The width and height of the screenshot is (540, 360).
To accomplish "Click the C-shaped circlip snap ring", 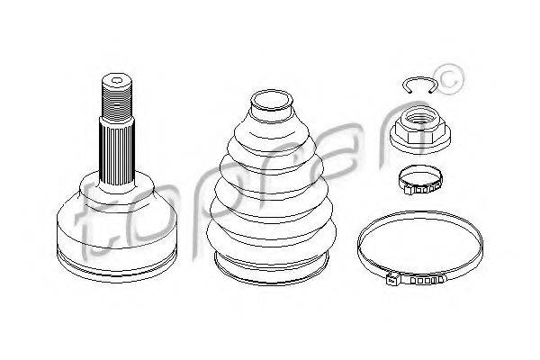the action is coord(419,78).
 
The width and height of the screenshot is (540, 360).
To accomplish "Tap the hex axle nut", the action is coord(420,130).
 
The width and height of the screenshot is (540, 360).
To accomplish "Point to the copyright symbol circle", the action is coord(449,79).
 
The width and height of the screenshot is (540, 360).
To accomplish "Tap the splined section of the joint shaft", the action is coord(117,154).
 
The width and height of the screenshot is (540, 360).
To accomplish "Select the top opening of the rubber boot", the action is coord(272,100).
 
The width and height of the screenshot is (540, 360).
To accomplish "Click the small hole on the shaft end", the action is coord(117,82).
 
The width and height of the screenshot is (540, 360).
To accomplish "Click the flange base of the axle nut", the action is coord(420,142).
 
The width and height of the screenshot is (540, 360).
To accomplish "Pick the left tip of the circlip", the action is coord(409,92).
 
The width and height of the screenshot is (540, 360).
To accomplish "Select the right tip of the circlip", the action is coord(431,92).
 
